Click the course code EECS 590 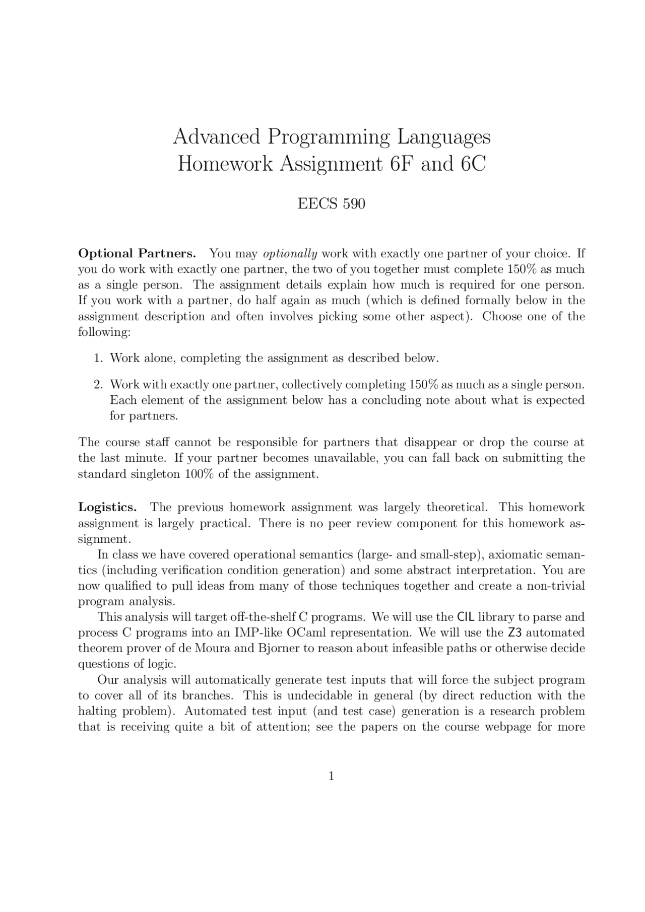(331, 204)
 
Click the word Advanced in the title (217, 137)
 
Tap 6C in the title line (473, 164)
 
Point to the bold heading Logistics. (107, 507)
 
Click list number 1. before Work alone (98, 358)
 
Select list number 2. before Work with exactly (98, 385)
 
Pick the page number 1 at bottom (331, 776)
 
